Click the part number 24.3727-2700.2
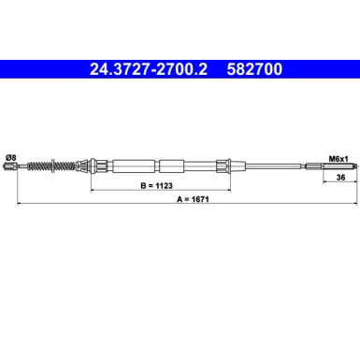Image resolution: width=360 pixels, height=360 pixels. point(149,69)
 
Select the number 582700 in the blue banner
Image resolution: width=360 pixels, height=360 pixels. point(254,69)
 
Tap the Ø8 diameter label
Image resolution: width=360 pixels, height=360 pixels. point(10,158)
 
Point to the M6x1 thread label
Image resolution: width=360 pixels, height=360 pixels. point(338,159)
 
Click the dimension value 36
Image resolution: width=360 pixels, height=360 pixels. point(341,178)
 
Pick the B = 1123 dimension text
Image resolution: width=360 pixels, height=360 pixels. point(156,186)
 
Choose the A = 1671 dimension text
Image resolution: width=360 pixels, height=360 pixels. point(193,199)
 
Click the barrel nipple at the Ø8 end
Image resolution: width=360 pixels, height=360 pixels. point(10,166)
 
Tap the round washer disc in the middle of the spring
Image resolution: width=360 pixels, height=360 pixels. point(53,166)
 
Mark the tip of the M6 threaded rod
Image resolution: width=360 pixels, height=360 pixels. point(356,166)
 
